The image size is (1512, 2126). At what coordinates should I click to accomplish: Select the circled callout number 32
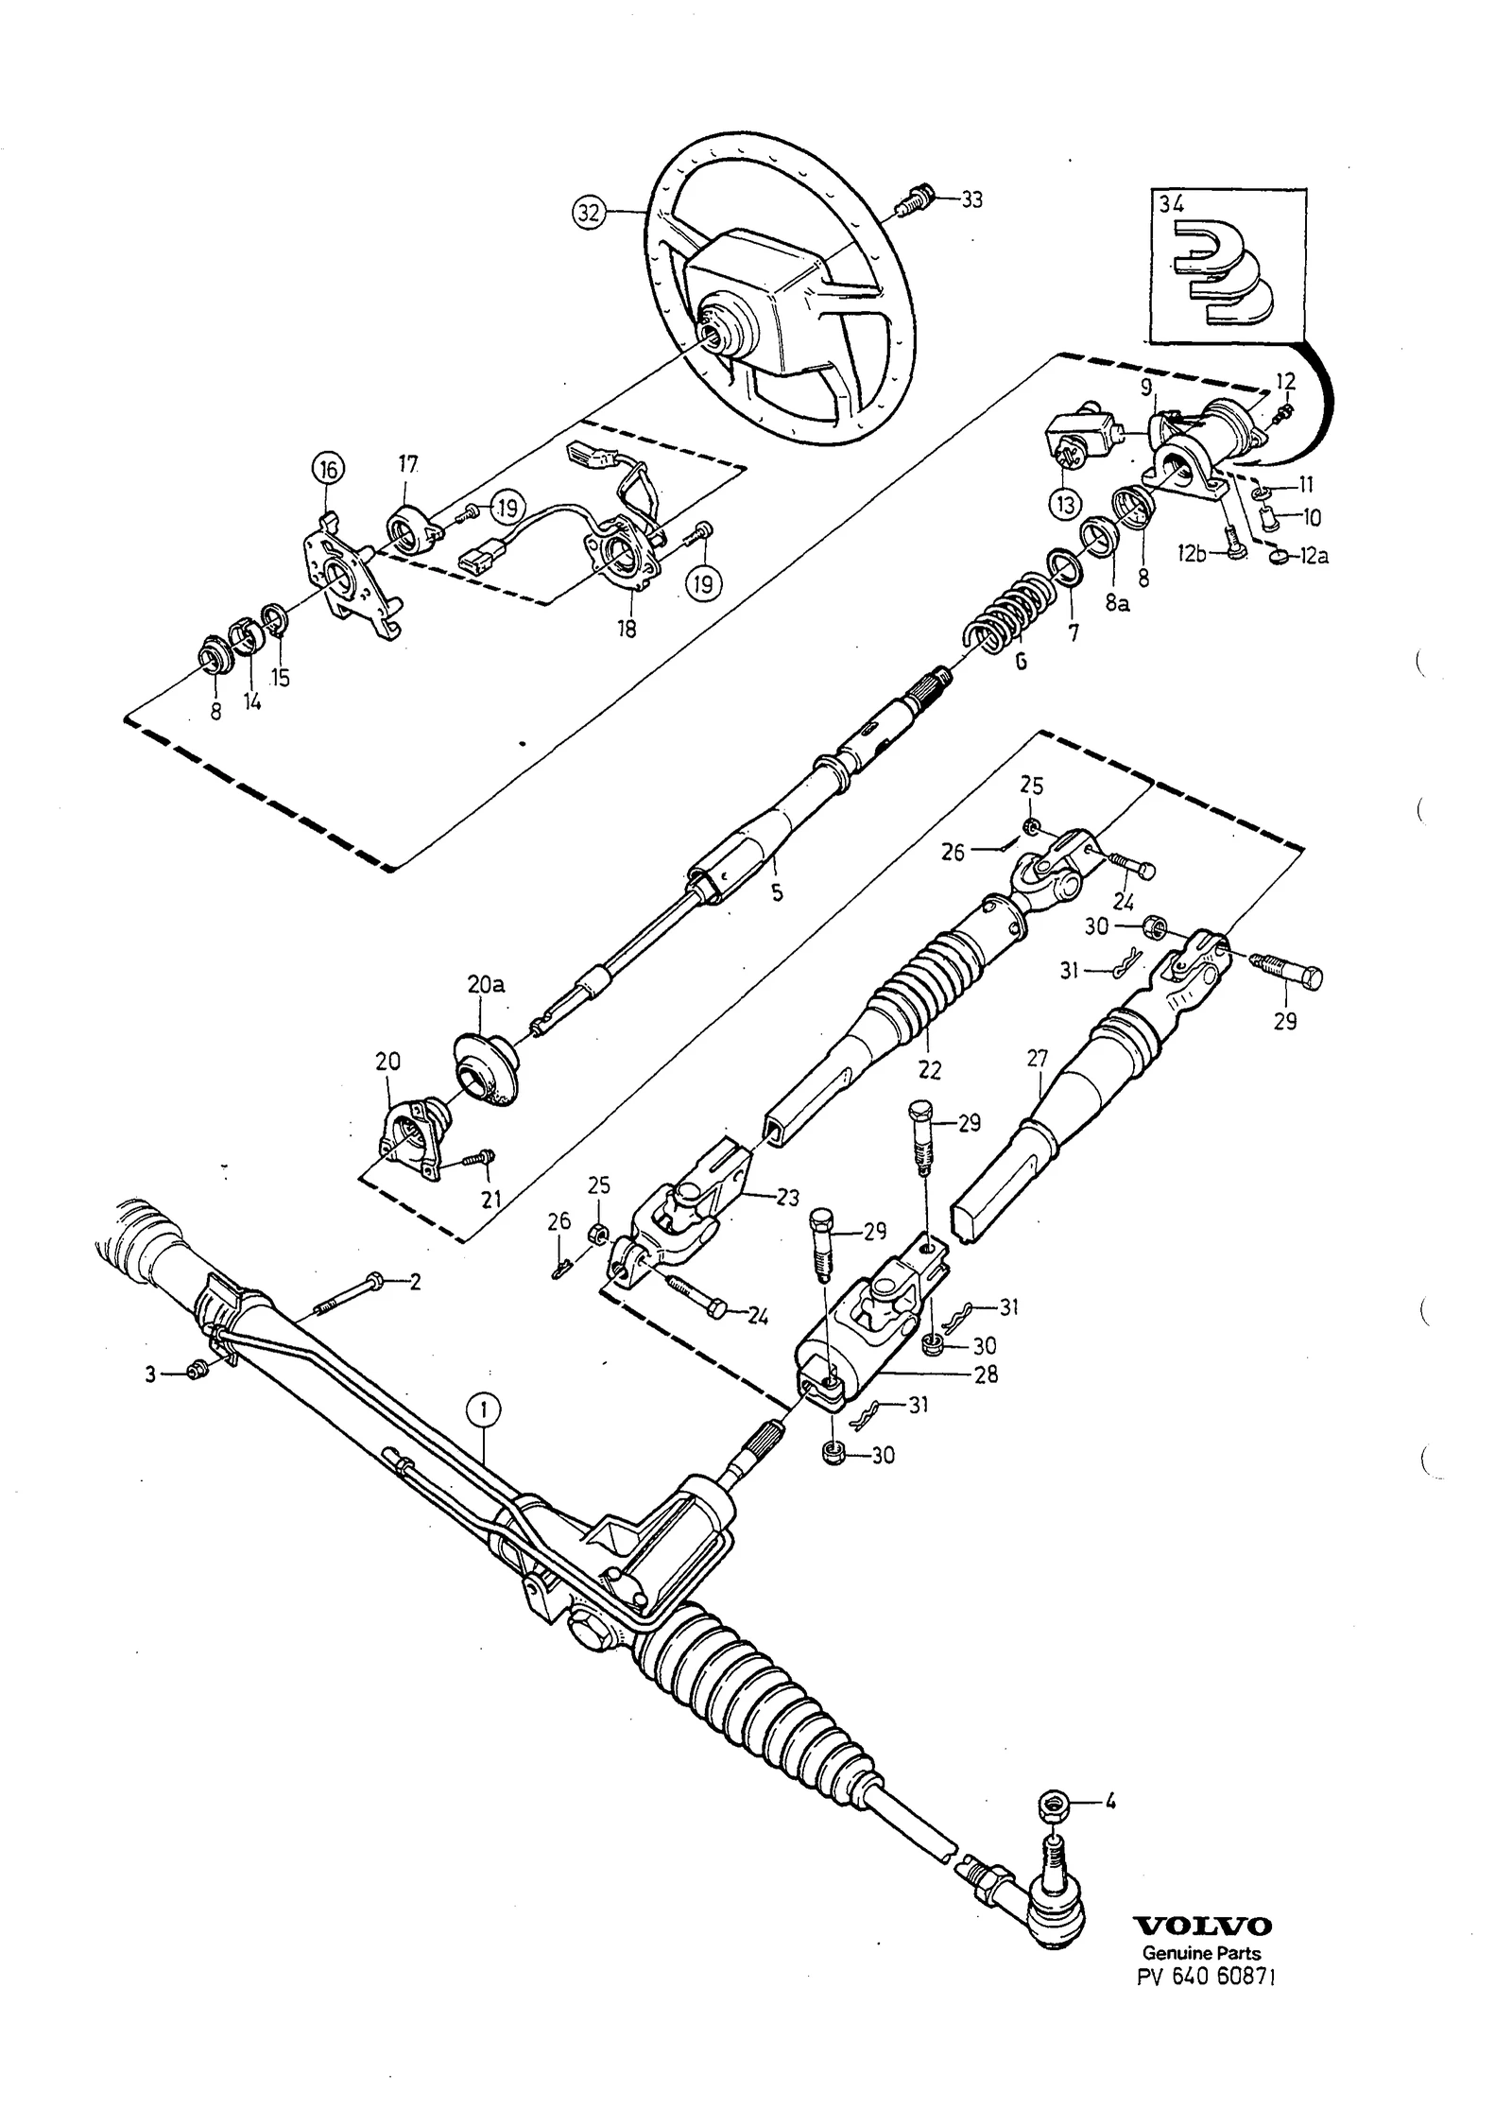[588, 214]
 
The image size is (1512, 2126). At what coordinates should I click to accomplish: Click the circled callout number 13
[1065, 506]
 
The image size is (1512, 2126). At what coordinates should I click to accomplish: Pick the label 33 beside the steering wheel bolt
[971, 200]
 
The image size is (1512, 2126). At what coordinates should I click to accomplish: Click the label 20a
[486, 985]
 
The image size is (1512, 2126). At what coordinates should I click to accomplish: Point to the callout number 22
[930, 1070]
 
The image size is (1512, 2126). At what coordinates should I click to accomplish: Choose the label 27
[1038, 1059]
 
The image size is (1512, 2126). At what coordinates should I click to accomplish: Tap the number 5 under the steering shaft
[777, 892]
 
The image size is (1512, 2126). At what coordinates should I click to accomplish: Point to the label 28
[986, 1375]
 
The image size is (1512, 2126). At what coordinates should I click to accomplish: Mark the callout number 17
[407, 464]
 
